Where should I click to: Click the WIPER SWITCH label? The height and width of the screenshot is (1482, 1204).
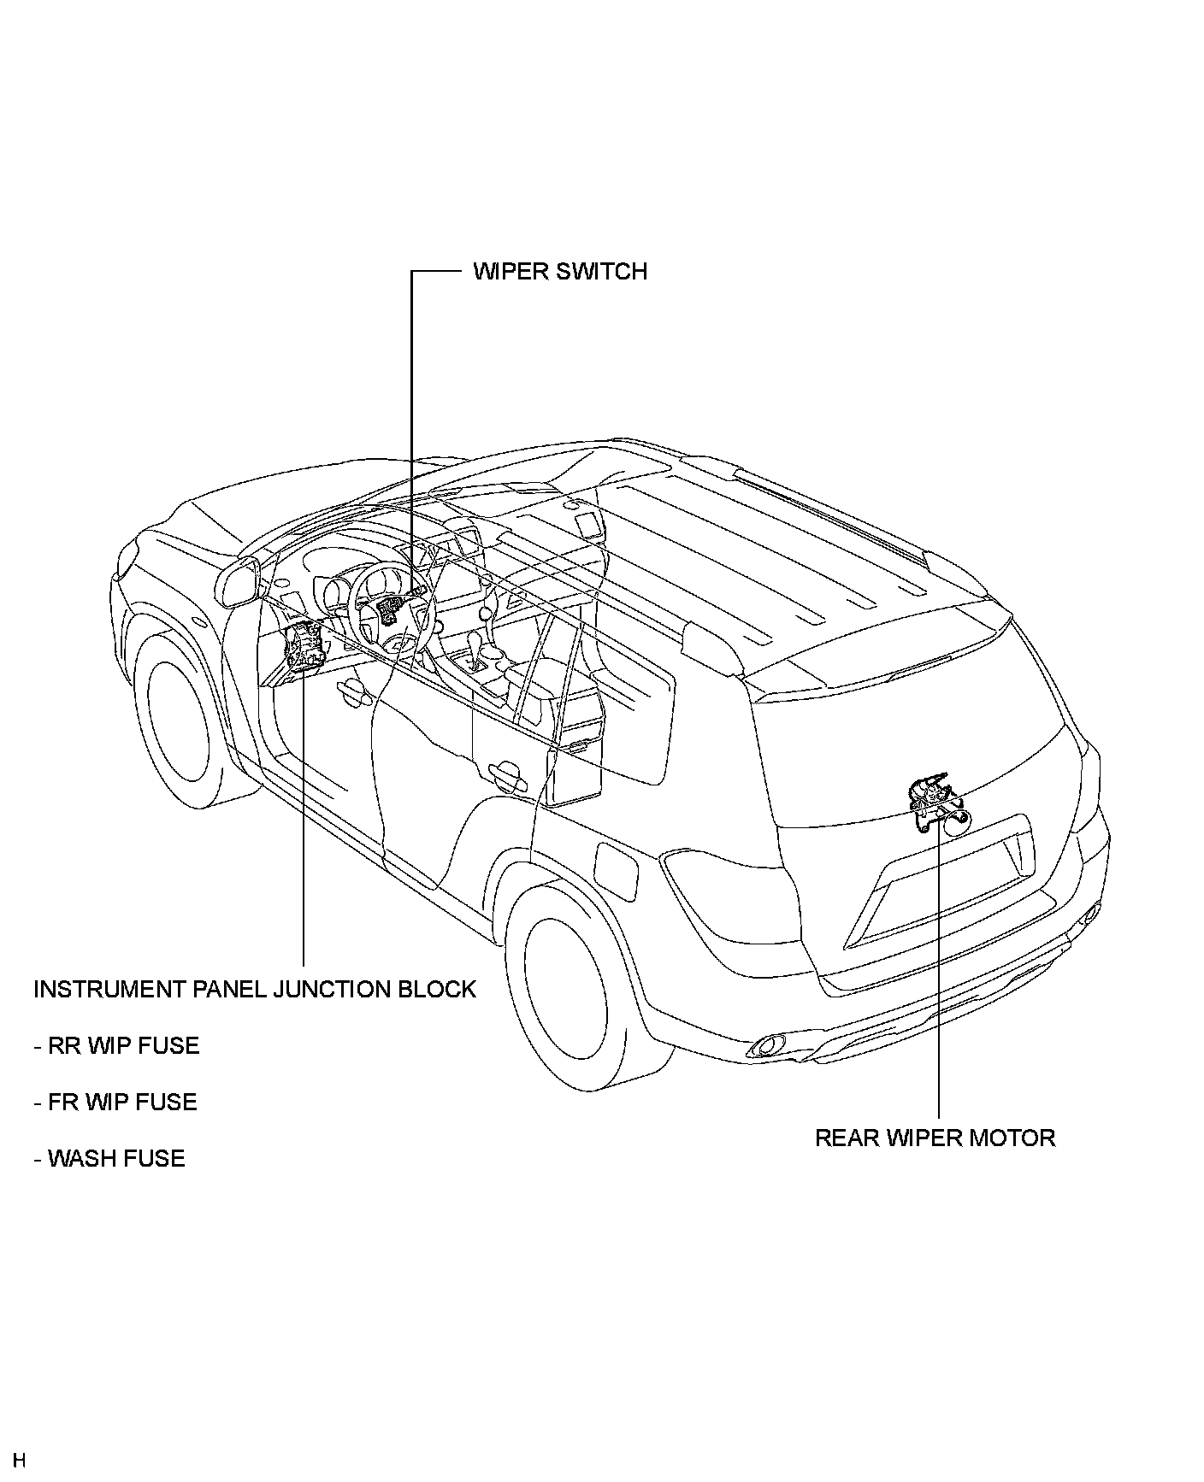[560, 272]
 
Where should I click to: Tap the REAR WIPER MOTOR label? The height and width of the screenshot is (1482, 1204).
[935, 1138]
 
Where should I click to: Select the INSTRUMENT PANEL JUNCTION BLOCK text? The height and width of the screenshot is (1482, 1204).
[255, 989]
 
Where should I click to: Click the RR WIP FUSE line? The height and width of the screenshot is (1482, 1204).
[117, 1045]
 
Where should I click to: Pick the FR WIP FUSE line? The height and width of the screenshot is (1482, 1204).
[116, 1102]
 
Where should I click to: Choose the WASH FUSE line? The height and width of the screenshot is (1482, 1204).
[110, 1158]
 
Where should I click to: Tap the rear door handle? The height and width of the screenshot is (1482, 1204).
[506, 773]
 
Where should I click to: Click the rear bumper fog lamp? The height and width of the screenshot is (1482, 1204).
[766, 1045]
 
